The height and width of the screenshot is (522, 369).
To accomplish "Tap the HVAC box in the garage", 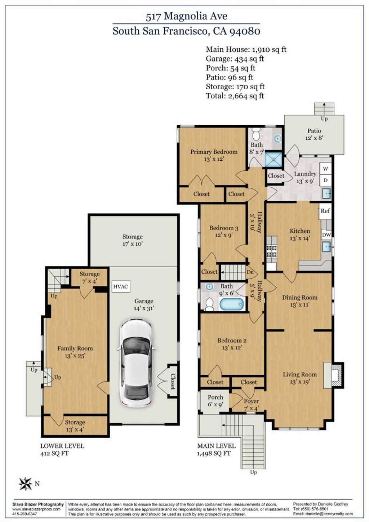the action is coord(121,286).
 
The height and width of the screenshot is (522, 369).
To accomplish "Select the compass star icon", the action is coord(26,484).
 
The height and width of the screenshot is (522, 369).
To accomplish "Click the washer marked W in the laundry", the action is coord(326,169).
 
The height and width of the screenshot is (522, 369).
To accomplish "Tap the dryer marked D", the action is coord(326,180).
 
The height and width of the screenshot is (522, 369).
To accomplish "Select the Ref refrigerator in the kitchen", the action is coord(325,211).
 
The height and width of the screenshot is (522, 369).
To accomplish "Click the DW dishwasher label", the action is coord(326,235).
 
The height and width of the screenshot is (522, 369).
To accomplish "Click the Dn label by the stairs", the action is coord(250,272).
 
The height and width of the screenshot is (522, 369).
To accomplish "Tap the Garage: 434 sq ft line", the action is coord(235,59).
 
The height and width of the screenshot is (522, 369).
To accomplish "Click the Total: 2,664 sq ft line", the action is coord(235,96).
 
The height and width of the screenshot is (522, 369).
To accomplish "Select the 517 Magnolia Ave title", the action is coord(186,17).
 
